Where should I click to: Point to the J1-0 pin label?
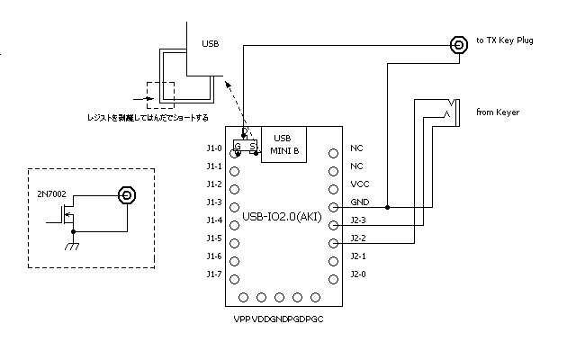click(213, 148)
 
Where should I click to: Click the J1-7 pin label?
click(213, 274)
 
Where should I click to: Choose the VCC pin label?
click(358, 184)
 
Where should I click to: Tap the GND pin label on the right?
click(359, 202)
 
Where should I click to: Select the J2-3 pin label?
click(358, 220)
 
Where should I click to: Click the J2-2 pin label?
click(358, 238)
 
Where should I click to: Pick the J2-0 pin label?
click(358, 274)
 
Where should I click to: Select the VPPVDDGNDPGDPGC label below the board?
click(277, 319)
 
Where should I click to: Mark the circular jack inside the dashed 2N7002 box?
click(127, 194)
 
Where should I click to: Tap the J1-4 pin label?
click(213, 220)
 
